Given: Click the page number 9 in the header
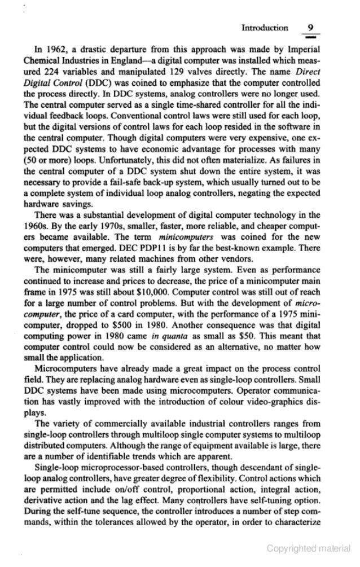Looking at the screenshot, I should point(309,27).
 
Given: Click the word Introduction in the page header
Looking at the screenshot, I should point(265,28).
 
